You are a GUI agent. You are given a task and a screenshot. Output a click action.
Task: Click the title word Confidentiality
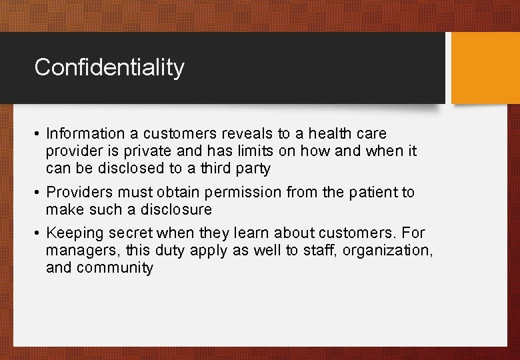(x=109, y=67)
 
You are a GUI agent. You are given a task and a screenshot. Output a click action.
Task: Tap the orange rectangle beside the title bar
(x=485, y=68)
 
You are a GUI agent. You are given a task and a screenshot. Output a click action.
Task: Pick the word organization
(x=386, y=251)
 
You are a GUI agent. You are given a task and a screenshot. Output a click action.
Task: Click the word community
(x=115, y=268)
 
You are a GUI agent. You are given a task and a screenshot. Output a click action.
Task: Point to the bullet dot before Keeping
(x=38, y=233)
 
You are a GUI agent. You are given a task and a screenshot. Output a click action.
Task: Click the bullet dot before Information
(x=38, y=134)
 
